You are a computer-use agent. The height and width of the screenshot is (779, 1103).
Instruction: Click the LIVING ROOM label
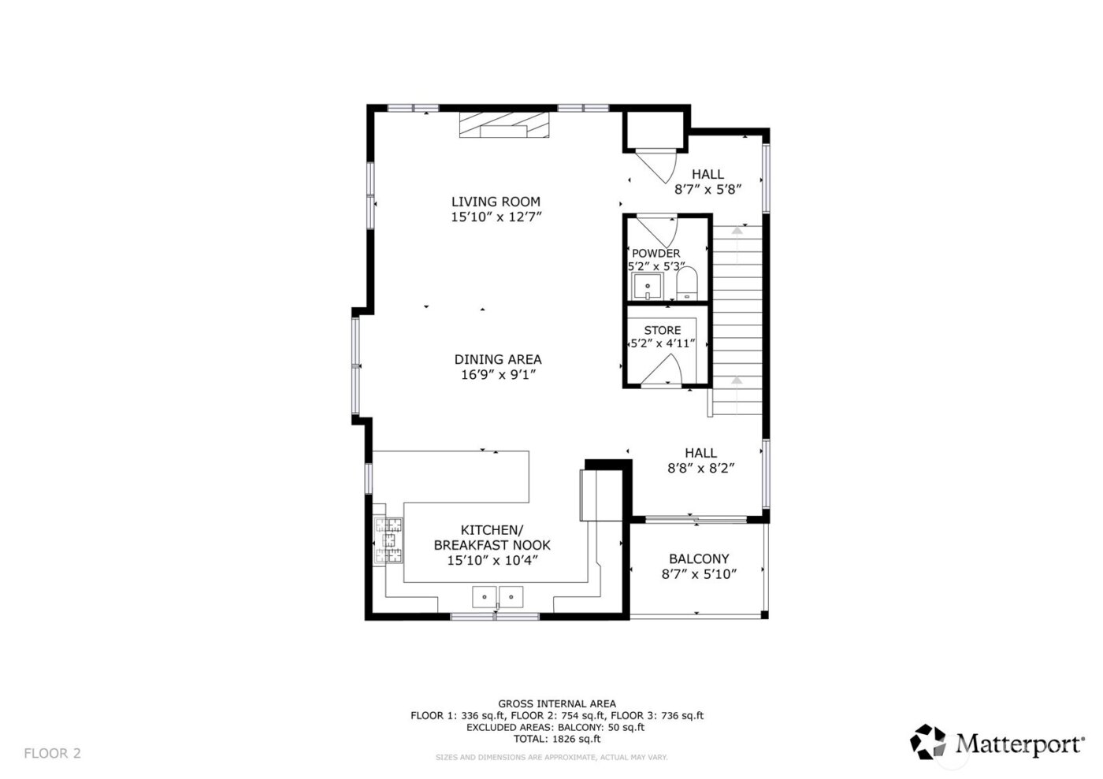(x=496, y=202)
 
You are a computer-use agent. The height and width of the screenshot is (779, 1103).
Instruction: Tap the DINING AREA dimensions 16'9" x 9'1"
(x=498, y=375)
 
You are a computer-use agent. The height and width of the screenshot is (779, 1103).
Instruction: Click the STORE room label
(x=662, y=330)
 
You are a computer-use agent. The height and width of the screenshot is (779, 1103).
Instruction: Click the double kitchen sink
(x=498, y=597)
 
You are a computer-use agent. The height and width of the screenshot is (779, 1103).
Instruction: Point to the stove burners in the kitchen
(x=388, y=540)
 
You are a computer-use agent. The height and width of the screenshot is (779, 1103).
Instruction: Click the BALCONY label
(x=699, y=558)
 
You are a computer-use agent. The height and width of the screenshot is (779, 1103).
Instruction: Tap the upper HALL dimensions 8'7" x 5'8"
(x=709, y=189)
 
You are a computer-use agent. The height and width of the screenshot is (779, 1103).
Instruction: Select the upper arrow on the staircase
(x=737, y=231)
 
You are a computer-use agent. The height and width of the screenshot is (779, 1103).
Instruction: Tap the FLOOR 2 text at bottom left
(x=52, y=753)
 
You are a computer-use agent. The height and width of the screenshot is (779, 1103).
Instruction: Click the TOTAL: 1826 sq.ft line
(x=556, y=739)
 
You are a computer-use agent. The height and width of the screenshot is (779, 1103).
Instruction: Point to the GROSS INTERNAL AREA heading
(x=556, y=703)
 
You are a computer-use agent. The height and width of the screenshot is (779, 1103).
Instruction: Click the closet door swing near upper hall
(x=658, y=166)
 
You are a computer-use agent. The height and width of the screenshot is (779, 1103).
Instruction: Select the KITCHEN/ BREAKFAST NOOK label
(x=492, y=537)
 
